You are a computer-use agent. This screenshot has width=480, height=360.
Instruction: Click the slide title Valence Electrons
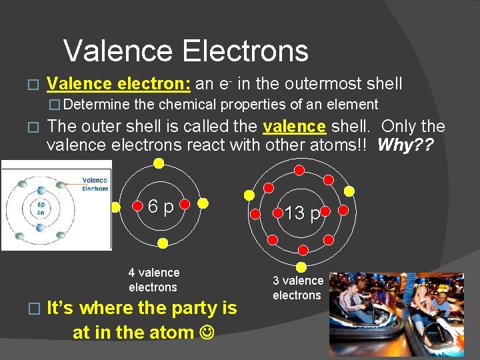(186, 51)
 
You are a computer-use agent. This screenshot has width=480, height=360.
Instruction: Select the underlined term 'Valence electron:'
(119, 84)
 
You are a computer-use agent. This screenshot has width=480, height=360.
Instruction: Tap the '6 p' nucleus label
(161, 207)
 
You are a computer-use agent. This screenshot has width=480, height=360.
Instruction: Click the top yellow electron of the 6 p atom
(158, 163)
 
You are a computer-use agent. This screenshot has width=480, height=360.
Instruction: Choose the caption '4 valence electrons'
(153, 280)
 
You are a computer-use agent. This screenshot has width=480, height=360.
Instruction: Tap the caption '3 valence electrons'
(297, 288)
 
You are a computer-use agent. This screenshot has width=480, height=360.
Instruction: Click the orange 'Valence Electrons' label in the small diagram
(95, 184)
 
